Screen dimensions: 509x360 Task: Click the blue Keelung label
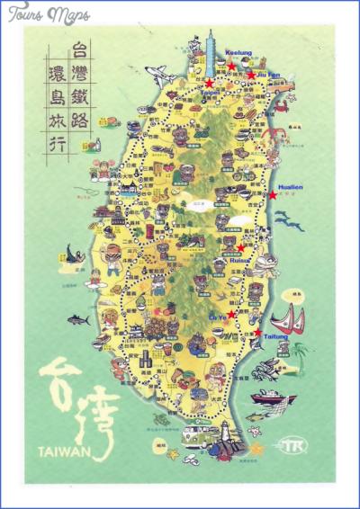(x=239, y=53)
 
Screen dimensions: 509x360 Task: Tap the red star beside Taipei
(x=210, y=83)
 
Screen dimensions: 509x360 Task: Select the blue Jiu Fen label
(x=269, y=75)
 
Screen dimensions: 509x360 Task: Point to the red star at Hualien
(x=274, y=194)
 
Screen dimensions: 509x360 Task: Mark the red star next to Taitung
(x=258, y=333)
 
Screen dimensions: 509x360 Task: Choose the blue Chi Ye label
(x=218, y=317)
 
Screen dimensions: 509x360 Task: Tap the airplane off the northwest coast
(x=158, y=71)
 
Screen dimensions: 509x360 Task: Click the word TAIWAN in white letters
(x=65, y=452)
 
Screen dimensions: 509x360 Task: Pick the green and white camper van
(x=195, y=436)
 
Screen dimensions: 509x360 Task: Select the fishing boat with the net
(x=273, y=396)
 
